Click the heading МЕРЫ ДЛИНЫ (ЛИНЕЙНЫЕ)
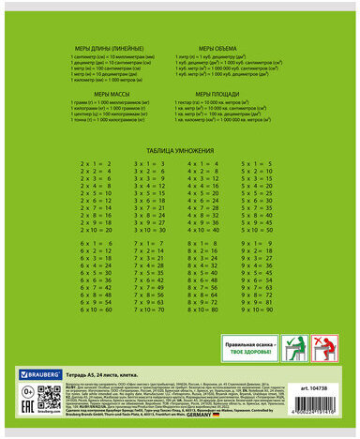click(x=111, y=44)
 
